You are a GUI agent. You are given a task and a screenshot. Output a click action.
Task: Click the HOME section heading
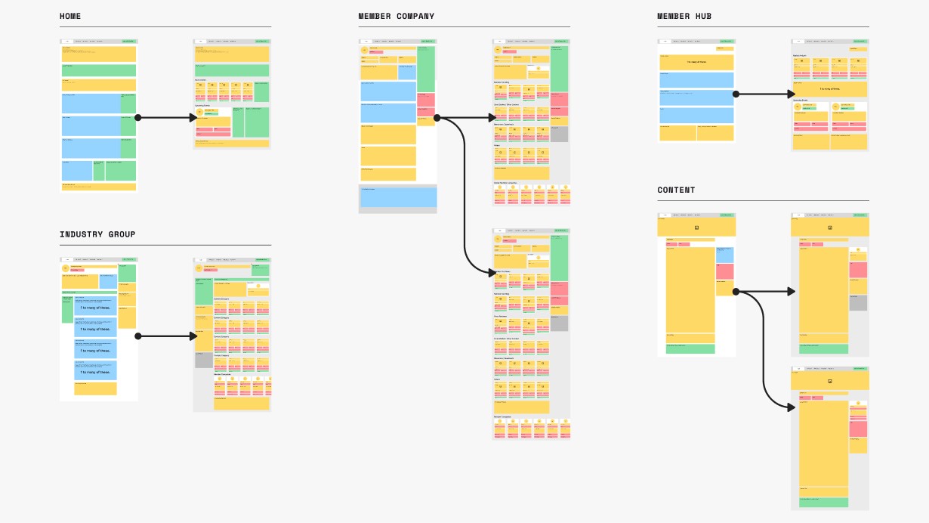[x=70, y=17]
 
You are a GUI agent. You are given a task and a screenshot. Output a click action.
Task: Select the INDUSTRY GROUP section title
[x=97, y=234]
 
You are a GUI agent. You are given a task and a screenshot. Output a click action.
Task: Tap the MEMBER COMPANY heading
[x=396, y=17]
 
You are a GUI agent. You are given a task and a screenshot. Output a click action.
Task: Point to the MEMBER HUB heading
[x=684, y=17]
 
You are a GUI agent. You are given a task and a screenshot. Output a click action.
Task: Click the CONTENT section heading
[x=676, y=190]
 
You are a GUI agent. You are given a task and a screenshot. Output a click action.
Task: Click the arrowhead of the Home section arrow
[x=193, y=118]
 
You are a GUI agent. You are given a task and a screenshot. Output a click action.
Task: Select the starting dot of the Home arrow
[x=137, y=118]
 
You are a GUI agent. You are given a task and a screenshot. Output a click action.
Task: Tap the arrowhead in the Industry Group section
[x=193, y=336]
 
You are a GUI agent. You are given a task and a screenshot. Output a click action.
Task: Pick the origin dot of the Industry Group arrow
[x=137, y=336]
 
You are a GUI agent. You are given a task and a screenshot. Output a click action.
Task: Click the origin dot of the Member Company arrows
[x=437, y=118]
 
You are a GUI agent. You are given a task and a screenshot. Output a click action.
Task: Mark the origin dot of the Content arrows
[x=736, y=291]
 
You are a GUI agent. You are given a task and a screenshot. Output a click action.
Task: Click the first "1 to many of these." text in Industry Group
[x=95, y=308]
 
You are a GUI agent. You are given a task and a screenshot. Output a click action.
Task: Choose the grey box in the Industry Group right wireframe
[x=203, y=360]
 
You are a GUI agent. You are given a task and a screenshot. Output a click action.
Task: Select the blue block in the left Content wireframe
[x=724, y=255]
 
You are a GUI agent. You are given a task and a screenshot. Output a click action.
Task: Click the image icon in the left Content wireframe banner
[x=696, y=227]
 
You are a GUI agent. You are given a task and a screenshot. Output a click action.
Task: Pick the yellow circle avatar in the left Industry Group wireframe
[x=66, y=268]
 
